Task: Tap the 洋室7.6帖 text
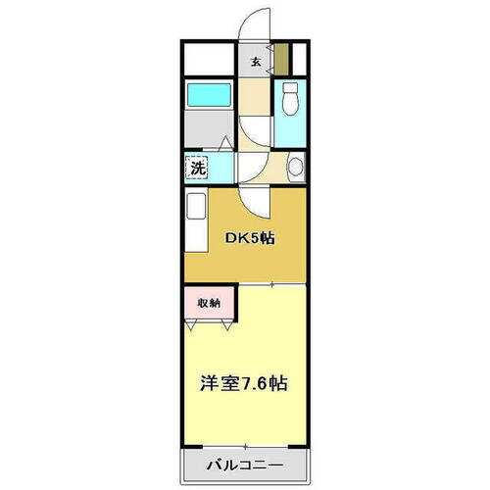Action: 244,381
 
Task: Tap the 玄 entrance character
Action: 256,63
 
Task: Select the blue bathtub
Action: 208,95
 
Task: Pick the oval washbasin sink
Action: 291,169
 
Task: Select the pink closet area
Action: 207,303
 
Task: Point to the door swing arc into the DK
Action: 254,201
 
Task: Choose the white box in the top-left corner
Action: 208,60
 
